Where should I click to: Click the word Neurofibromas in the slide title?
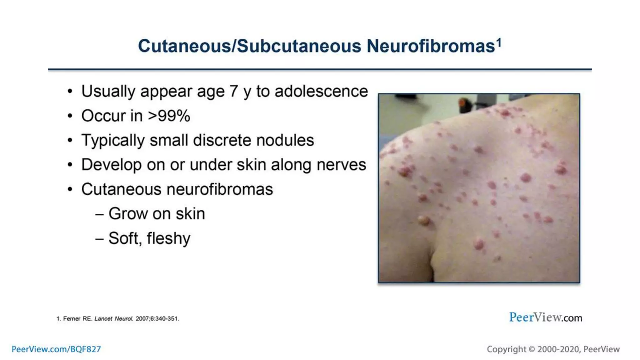point(431,46)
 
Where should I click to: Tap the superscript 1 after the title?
point(499,43)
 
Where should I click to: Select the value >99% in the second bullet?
point(169,116)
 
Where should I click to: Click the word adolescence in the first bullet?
point(321,92)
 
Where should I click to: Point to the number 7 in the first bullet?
point(233,92)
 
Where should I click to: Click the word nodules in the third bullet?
point(285,140)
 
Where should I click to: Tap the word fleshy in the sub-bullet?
point(168,238)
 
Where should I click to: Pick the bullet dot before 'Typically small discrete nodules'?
point(70,140)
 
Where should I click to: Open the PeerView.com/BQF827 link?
point(56,349)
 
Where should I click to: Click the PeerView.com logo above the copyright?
point(545,317)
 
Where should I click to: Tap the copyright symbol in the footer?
point(532,349)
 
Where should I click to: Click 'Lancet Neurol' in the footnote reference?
point(114,319)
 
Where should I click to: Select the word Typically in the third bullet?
point(113,140)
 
